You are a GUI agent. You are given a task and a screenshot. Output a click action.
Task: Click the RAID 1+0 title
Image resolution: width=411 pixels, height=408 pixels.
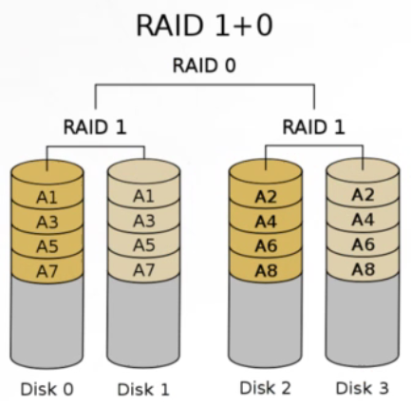coord(204,26)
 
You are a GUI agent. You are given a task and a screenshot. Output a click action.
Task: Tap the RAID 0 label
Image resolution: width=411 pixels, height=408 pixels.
coord(204,66)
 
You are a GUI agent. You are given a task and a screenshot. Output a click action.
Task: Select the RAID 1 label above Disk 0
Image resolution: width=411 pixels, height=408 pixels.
coord(95,127)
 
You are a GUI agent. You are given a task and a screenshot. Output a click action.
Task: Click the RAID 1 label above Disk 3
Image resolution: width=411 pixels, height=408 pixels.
coord(313,127)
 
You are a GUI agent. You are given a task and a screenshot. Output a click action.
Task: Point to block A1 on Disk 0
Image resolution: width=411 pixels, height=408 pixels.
coord(47,197)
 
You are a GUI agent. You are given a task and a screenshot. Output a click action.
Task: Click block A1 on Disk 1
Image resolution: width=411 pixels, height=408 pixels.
coord(143,196)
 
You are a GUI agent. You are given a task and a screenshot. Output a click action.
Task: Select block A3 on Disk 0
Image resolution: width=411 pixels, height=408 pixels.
coord(47,222)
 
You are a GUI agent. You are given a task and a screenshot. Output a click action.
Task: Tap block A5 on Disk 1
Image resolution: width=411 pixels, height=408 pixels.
coord(143,244)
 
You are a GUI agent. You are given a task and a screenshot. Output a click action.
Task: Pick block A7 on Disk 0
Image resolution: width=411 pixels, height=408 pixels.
coord(47,270)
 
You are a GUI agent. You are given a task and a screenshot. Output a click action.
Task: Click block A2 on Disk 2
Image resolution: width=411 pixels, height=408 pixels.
coord(266,197)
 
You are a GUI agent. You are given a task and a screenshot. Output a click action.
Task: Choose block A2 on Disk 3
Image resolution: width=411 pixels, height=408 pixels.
coord(363,195)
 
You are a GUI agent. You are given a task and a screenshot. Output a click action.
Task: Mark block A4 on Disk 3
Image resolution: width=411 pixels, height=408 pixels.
coord(363,220)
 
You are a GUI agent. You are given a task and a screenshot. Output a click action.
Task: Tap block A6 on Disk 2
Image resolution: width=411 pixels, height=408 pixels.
coord(266,245)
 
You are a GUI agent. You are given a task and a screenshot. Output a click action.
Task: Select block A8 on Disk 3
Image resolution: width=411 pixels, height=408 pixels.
coord(363,269)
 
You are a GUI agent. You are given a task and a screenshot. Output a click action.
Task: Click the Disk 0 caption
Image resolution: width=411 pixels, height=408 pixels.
coord(47,389)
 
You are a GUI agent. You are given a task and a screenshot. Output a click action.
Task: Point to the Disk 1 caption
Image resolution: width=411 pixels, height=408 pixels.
coord(143,389)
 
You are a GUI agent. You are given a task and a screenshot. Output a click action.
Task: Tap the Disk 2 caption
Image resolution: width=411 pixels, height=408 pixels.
coord(265,388)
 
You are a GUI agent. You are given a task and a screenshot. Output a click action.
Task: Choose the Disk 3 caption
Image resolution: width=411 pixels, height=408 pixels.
coord(363,388)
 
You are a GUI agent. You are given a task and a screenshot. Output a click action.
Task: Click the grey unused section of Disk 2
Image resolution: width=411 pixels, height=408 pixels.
coord(266,321)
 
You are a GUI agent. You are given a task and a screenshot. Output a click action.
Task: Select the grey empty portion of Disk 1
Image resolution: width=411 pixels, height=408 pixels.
coord(143,321)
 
